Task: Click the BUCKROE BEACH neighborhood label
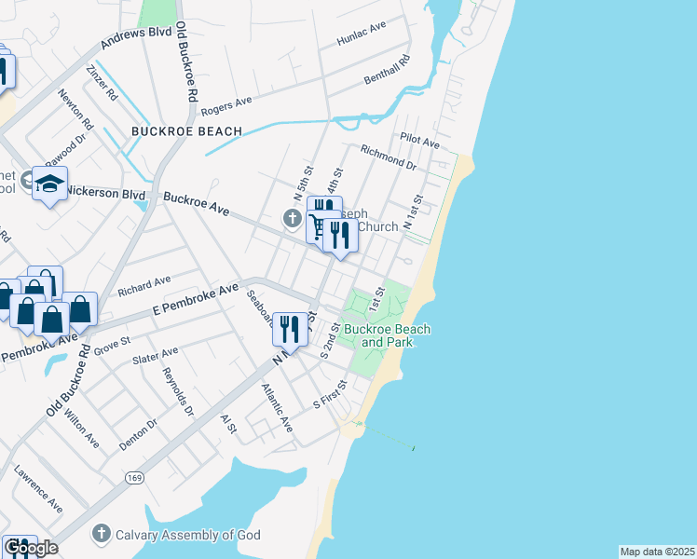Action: coord(186,131)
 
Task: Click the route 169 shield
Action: coord(136,476)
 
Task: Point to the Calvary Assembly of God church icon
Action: coord(102,534)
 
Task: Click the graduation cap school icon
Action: coord(49,184)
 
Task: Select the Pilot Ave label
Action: coord(419,140)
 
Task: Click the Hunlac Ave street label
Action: coord(362,36)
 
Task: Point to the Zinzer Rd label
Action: coord(100,82)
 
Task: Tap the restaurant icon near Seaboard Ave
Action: coord(290,331)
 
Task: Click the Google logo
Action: coord(31,548)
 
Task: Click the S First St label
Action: coord(330,394)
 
